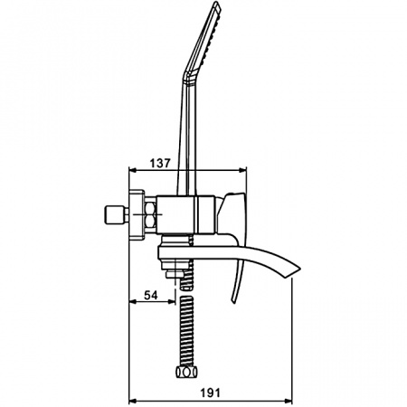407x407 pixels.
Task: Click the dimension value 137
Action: (160, 163)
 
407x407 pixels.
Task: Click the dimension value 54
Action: (151, 295)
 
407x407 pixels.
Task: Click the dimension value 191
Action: (211, 393)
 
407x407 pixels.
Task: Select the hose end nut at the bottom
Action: (186, 372)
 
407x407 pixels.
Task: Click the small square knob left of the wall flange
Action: (115, 214)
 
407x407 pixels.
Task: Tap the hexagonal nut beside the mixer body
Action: (150, 215)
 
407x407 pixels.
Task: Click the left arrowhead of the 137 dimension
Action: (132, 170)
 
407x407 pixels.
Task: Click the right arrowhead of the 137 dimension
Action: (243, 170)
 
